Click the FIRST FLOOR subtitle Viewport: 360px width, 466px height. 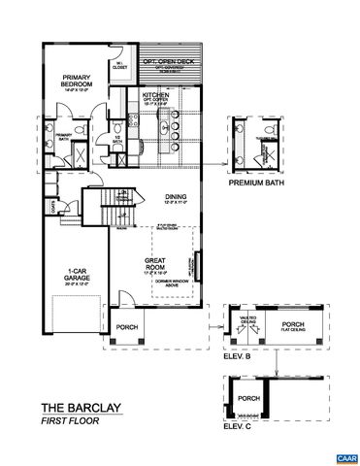click(67, 422)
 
